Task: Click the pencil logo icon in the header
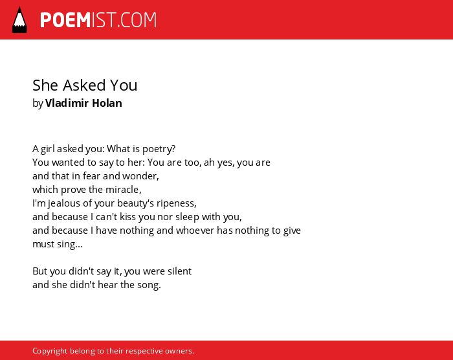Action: click(x=19, y=19)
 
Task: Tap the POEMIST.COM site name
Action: click(x=98, y=20)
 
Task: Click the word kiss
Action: click(x=127, y=217)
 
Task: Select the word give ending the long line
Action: click(x=292, y=231)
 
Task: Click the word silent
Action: click(x=179, y=271)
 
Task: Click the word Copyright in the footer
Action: click(x=50, y=351)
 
